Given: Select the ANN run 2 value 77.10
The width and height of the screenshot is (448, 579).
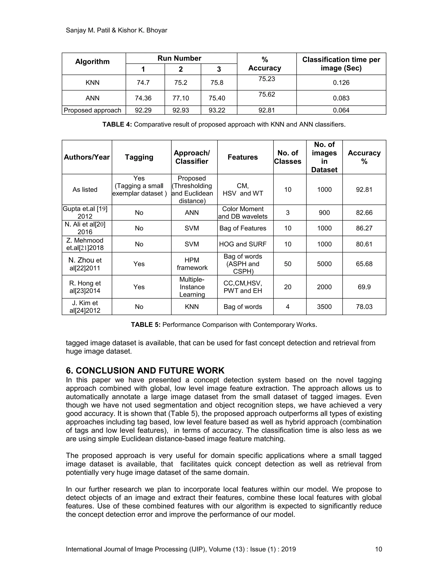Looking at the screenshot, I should tap(181, 98).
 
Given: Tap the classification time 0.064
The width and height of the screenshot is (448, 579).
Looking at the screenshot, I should tap(341, 110).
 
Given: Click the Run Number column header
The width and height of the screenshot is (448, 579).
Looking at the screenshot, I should tap(179, 58).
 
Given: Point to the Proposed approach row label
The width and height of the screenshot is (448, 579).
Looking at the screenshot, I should tap(92, 110).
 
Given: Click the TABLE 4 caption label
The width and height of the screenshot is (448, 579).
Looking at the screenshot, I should tap(117, 125).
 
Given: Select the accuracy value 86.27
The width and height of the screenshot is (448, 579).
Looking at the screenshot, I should tap(364, 228).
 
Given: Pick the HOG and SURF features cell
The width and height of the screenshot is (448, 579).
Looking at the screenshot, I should tap(243, 244).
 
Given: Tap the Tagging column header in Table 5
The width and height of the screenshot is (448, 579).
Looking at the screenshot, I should tap(139, 157).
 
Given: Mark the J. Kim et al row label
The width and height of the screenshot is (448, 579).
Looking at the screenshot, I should tap(85, 307).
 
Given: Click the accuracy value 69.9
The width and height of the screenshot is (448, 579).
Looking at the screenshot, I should tap(364, 287).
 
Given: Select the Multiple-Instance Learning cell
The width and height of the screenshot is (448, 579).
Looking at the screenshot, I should tap(192, 287).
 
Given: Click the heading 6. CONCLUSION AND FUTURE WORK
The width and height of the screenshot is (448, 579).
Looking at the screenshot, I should tap(145, 370).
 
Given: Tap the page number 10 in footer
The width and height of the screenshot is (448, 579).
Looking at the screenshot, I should tap(378, 549).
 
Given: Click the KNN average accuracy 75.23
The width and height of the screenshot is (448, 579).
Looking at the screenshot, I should tap(267, 79).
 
